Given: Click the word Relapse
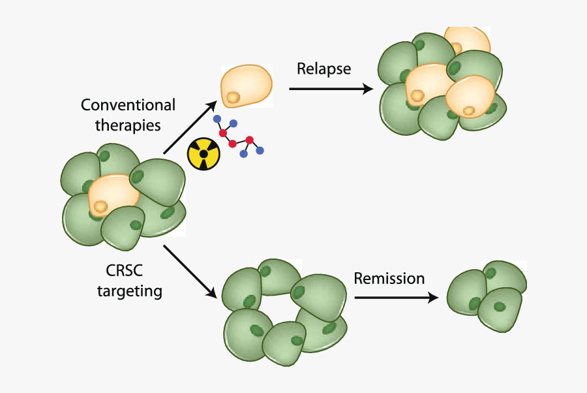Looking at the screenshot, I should pos(324,69).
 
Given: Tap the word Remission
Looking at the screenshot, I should pos(389,279).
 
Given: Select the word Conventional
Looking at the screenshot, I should pos(128,105).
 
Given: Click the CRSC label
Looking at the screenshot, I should pos(125,270).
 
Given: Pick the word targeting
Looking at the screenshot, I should pos(129,291).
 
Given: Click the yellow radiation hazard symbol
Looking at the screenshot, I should pos(204,154).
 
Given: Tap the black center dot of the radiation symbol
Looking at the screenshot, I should pos(204,154).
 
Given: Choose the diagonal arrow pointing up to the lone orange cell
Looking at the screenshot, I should pos(190,127).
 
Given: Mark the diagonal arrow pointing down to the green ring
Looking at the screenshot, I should pos(190,271).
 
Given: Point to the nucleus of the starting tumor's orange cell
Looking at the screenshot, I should pos(100,207).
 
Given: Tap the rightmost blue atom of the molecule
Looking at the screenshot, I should pos(260,151).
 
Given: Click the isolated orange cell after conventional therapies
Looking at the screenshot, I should pos(247,85).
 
